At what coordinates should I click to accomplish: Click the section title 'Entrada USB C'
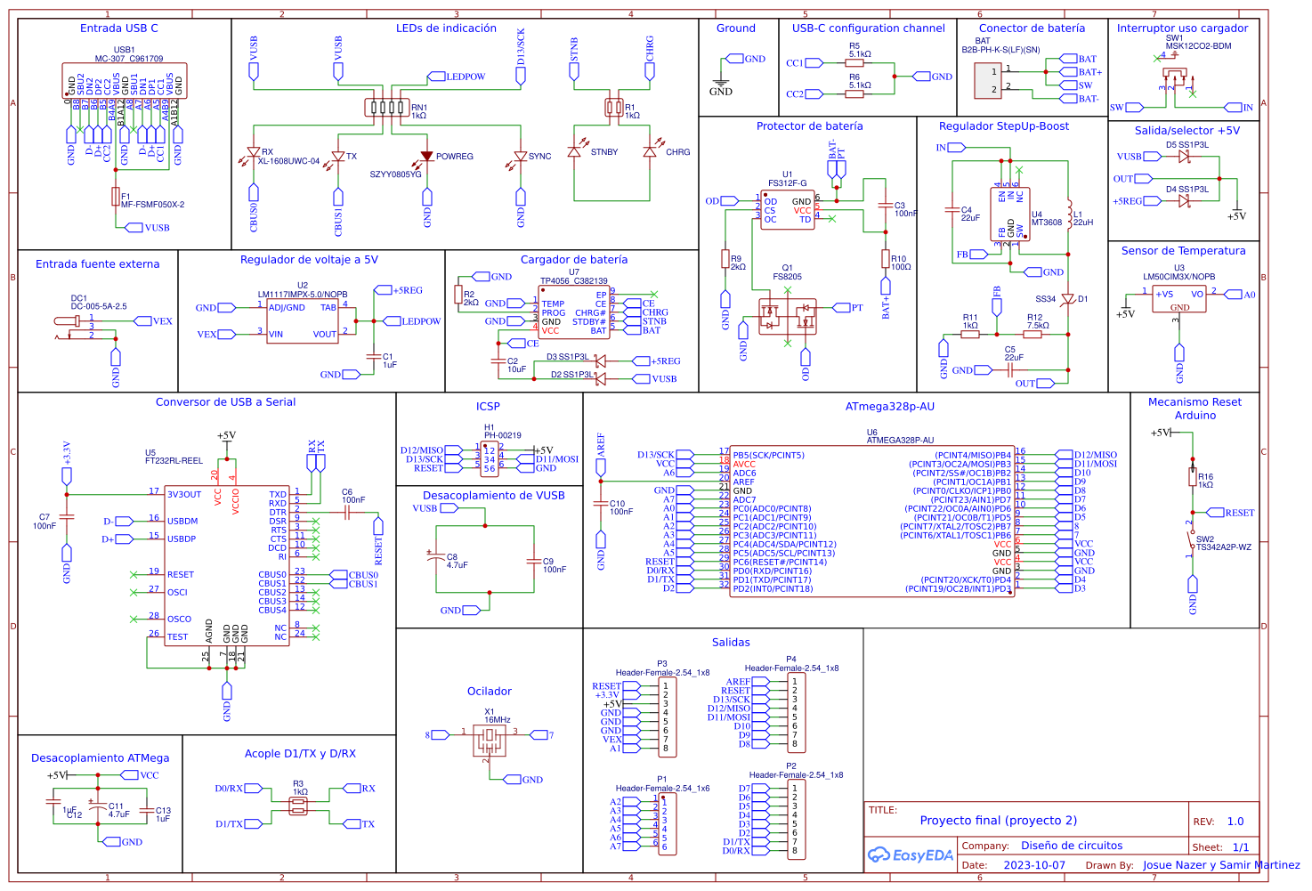(x=119, y=28)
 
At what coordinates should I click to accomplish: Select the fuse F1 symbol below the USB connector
(x=115, y=197)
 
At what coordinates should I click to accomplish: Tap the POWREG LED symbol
(x=427, y=156)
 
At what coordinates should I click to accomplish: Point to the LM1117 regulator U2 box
(x=303, y=320)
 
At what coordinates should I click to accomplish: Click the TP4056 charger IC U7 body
(x=574, y=312)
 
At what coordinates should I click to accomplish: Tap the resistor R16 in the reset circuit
(x=1193, y=477)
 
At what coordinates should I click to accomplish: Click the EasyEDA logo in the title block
(x=910, y=855)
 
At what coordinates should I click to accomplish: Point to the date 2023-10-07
(x=1033, y=865)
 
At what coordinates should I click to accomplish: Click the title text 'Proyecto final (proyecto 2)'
(x=998, y=821)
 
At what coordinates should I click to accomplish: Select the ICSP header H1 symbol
(x=489, y=459)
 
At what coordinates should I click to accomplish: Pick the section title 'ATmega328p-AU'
(x=889, y=407)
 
